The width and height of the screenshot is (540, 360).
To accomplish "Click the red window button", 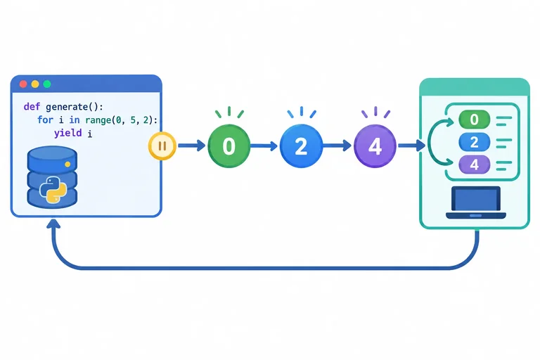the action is click(23, 84).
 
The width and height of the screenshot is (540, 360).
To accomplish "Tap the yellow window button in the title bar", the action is click(35, 84).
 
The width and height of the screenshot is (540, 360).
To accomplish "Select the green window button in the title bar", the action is click(47, 84).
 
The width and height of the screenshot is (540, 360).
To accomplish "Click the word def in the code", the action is click(32, 106).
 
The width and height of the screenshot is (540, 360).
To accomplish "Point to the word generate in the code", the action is click(67, 107).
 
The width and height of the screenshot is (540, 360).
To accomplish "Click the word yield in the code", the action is click(67, 133).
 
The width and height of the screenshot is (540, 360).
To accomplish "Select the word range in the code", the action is click(98, 120).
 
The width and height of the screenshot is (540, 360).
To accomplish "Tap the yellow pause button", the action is click(162, 146).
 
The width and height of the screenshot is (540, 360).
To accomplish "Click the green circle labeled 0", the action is click(229, 146).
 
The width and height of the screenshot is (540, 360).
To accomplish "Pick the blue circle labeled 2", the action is click(301, 146).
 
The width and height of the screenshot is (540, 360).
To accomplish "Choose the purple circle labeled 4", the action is click(375, 146).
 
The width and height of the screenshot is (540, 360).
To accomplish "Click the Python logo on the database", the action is click(53, 189).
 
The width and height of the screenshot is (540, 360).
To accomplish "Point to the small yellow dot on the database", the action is click(67, 165).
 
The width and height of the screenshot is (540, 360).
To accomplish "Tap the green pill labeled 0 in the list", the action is click(474, 120).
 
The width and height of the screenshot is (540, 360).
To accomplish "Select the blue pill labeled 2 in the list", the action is click(474, 142).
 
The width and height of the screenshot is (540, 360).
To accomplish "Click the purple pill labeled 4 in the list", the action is click(474, 165).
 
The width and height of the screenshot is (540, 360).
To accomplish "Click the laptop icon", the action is click(475, 202).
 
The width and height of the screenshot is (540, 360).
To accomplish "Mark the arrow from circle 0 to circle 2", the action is click(264, 146).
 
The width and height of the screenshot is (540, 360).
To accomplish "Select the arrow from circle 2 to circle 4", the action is click(337, 146).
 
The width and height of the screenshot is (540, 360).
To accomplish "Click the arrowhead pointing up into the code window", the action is click(53, 224).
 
